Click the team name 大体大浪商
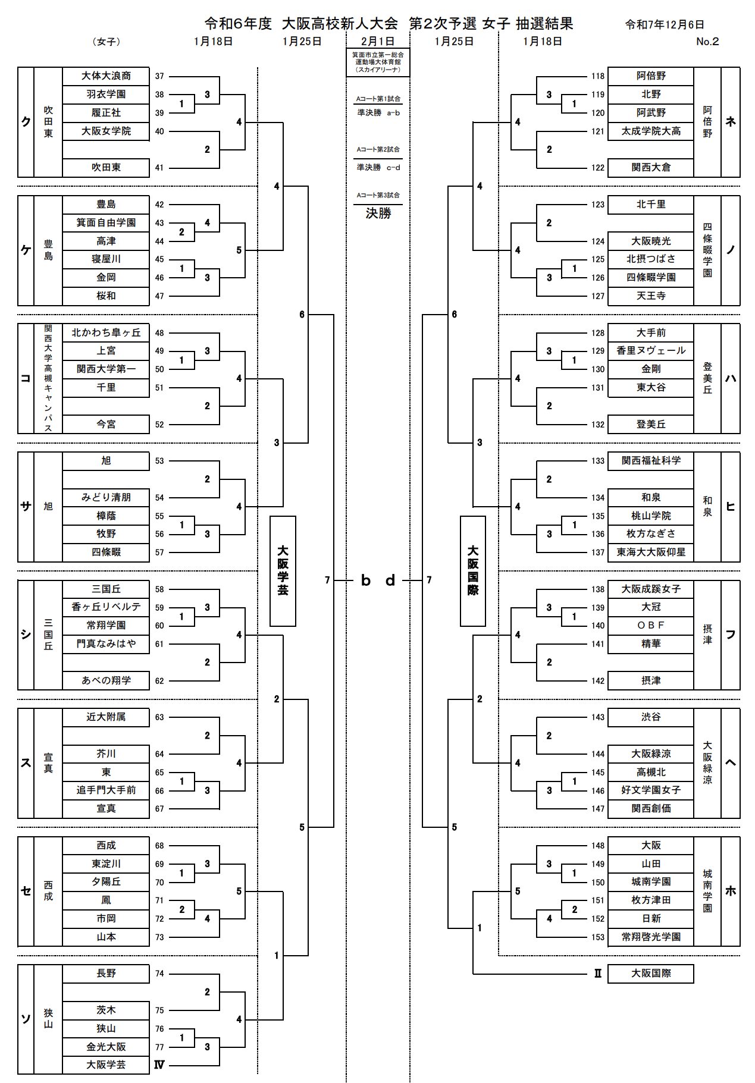106,76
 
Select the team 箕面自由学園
106,222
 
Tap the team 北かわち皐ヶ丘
106,332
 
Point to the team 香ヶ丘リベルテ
106,607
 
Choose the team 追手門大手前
106,790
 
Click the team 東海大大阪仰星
651,552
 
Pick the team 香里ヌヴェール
651,351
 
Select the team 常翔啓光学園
651,937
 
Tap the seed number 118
598,76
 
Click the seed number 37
159,76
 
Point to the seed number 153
598,937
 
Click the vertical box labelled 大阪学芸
283,571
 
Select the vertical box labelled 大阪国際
473,571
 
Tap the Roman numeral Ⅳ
159,1065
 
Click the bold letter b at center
366,580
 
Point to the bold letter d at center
390,580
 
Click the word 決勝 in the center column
378,214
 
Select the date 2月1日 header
378,42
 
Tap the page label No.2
707,42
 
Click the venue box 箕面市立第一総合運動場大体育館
378,62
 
